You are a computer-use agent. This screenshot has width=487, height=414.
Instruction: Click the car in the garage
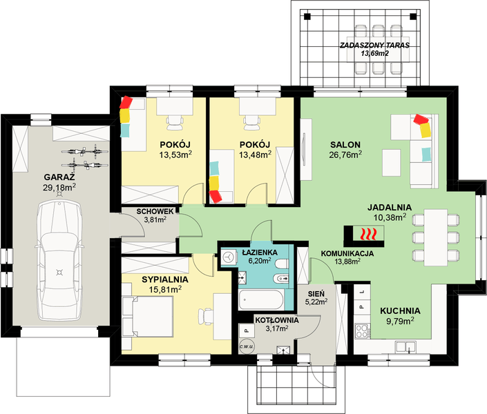coord(59,261)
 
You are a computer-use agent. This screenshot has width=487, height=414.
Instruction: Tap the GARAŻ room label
coord(59,177)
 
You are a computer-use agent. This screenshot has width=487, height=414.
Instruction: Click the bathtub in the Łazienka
coord(261,299)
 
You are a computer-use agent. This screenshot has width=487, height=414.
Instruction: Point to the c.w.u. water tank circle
coord(247,346)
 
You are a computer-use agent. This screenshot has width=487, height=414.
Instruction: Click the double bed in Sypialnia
coord(148,316)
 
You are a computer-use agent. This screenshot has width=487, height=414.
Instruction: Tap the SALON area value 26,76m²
coord(345,155)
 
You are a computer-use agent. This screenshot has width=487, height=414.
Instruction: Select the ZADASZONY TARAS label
coord(374,46)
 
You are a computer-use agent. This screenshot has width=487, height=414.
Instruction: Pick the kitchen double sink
coord(405,347)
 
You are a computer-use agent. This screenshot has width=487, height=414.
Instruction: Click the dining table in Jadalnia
coord(436,237)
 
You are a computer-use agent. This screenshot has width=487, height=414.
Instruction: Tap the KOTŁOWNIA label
coord(277,320)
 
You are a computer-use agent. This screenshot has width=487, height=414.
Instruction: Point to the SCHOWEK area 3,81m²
coord(155,219)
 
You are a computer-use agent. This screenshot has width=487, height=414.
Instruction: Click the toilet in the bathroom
coord(282,264)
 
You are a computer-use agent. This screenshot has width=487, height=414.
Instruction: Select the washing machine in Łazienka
coord(229,257)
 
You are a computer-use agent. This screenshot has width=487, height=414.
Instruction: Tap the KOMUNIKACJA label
coord(347,253)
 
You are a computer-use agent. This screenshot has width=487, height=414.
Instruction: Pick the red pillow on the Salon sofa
coord(421,119)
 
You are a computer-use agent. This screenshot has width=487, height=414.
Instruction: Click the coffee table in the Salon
coord(392,163)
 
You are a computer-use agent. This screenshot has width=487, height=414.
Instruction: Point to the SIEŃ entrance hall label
coord(316,293)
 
